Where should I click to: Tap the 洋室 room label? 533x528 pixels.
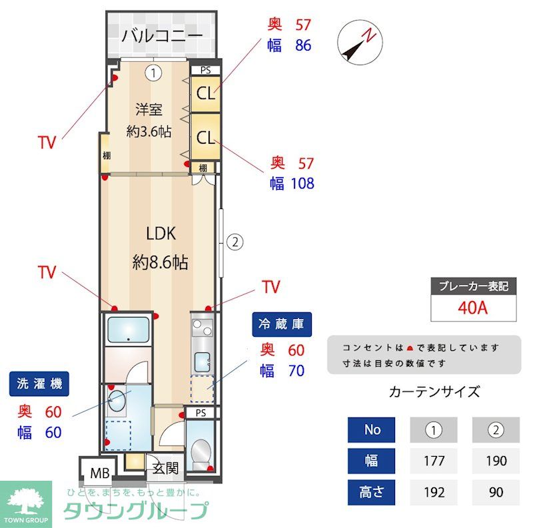tap(149, 109)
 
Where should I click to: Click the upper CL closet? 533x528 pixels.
tap(206, 93)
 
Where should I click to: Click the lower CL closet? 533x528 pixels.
tap(206, 137)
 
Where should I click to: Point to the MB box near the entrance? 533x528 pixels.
tap(100, 474)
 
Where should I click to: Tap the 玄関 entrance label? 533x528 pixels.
tap(165, 469)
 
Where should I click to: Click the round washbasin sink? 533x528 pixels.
tap(117, 401)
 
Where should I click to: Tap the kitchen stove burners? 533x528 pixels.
tap(202, 328)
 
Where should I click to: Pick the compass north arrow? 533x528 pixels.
tap(359, 41)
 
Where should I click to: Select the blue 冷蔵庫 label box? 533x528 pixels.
tap(282, 324)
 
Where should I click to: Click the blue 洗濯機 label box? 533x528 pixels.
tap(39, 384)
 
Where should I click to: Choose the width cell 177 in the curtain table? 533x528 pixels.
tap(434, 461)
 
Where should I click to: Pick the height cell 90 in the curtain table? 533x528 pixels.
tap(495, 493)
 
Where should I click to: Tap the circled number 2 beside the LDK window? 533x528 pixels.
tap(235, 242)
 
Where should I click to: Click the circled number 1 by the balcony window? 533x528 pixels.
tap(154, 72)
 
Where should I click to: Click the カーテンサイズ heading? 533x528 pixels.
tap(434, 392)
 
